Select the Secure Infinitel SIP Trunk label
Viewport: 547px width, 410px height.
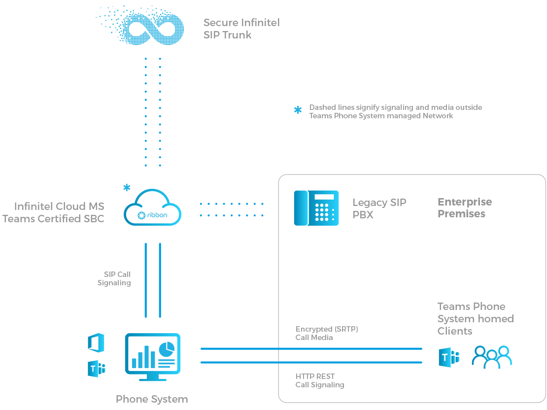pyautogui.click(x=241, y=29)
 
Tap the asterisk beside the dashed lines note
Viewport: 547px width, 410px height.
pyautogui.click(x=298, y=110)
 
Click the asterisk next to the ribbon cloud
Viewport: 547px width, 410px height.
pyautogui.click(x=127, y=188)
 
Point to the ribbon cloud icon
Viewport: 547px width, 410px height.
pyautogui.click(x=152, y=208)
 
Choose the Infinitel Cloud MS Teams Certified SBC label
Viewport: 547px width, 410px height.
pyautogui.click(x=54, y=212)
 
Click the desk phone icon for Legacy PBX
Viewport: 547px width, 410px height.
pyautogui.click(x=316, y=208)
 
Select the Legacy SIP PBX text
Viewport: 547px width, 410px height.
pyautogui.click(x=379, y=208)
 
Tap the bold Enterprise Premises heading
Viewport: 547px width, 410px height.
pyautogui.click(x=464, y=208)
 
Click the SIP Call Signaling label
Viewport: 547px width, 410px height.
pyautogui.click(x=114, y=278)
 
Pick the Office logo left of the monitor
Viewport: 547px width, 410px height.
pyautogui.click(x=96, y=342)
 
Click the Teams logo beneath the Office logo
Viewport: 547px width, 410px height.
pyautogui.click(x=97, y=369)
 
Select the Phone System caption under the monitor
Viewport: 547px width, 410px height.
pyautogui.click(x=152, y=399)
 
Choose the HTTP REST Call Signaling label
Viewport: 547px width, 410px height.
pyautogui.click(x=320, y=380)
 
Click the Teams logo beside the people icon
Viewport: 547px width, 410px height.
pyautogui.click(x=448, y=357)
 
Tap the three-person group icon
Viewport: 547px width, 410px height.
pyautogui.click(x=492, y=357)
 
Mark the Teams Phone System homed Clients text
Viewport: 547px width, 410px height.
pyautogui.click(x=475, y=319)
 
